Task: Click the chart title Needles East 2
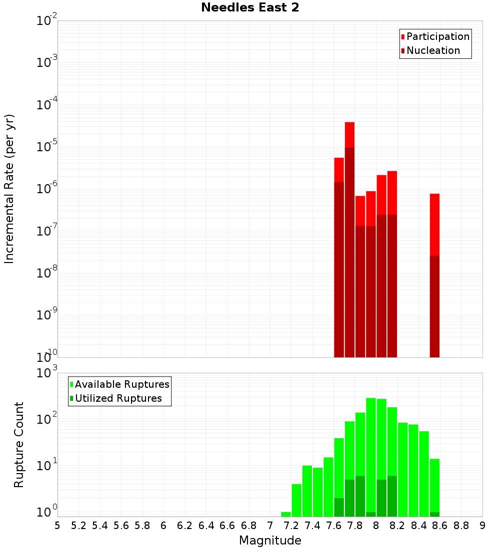[250, 8]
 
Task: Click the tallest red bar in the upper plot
[349, 135]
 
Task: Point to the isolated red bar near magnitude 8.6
[434, 225]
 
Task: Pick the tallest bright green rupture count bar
[370, 449]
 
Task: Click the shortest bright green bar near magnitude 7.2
[286, 514]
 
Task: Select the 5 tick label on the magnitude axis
[57, 526]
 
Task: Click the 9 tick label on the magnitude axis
[482, 526]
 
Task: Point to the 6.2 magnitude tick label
[185, 526]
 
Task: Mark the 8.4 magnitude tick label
[419, 526]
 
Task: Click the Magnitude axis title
[270, 541]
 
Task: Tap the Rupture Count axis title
[19, 444]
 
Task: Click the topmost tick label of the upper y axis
[47, 21]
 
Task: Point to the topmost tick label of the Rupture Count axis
[47, 373]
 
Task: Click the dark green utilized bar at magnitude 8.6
[434, 514]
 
